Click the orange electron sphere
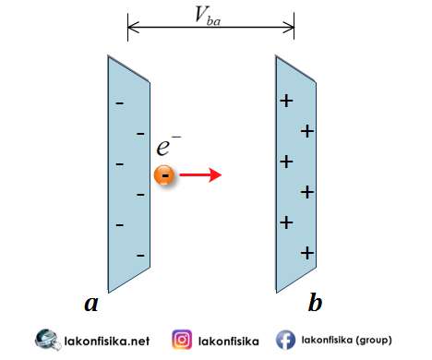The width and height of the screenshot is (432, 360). [163, 175]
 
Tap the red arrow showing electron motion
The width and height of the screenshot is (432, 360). [199, 174]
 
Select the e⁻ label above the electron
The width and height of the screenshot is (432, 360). [168, 146]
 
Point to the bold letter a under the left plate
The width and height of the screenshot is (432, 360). [90, 302]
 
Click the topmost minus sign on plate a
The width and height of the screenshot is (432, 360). [119, 102]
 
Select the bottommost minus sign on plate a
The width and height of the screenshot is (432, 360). [140, 253]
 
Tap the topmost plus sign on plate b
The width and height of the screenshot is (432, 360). [286, 101]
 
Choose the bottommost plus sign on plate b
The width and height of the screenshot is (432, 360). [308, 252]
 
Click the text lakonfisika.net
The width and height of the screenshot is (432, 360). [107, 340]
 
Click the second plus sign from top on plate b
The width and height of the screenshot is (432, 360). [307, 131]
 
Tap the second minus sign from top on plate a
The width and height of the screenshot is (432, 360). [140, 133]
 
